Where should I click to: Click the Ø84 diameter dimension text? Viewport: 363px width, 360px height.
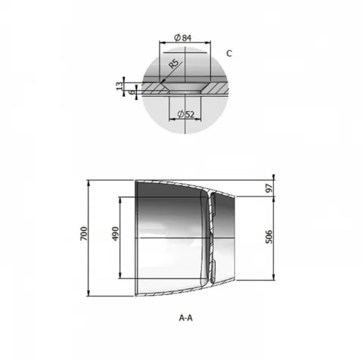click(183, 38)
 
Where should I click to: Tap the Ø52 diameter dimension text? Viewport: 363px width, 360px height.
click(186, 114)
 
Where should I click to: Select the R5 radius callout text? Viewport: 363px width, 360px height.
click(174, 64)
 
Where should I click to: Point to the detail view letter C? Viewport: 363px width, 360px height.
click(229, 54)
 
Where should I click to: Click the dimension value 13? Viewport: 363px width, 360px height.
click(120, 85)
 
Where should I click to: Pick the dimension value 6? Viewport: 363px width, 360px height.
click(132, 92)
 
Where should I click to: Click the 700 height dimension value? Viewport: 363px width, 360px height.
click(84, 234)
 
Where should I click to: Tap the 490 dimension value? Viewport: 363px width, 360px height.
click(115, 234)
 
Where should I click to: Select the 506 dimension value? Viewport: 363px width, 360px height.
click(269, 237)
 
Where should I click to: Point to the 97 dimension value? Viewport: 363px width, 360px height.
click(269, 188)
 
